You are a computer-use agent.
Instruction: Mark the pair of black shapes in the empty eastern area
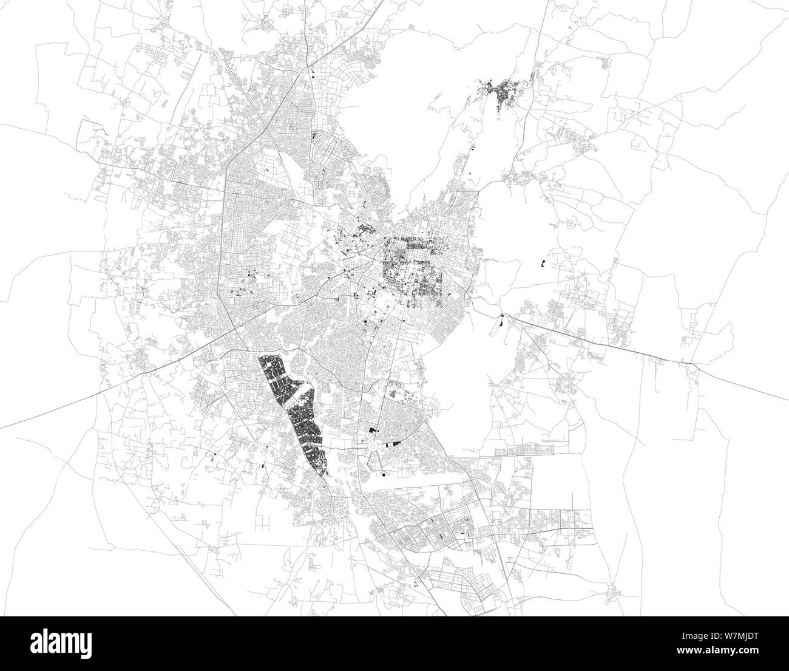(x=543, y=264)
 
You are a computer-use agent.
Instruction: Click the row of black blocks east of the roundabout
(x=394, y=444)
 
